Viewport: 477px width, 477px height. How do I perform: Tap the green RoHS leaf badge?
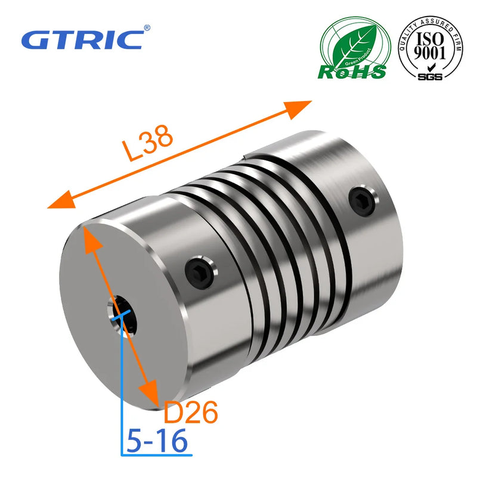pos(352,48)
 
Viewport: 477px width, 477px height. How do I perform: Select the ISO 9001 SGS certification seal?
pos(430,48)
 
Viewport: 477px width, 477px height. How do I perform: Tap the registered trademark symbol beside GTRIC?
pos(147,27)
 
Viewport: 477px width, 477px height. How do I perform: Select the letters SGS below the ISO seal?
pos(430,77)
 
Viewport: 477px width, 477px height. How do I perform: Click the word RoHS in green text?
pos(352,72)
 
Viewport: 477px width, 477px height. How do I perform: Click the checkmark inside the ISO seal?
pos(430,67)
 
